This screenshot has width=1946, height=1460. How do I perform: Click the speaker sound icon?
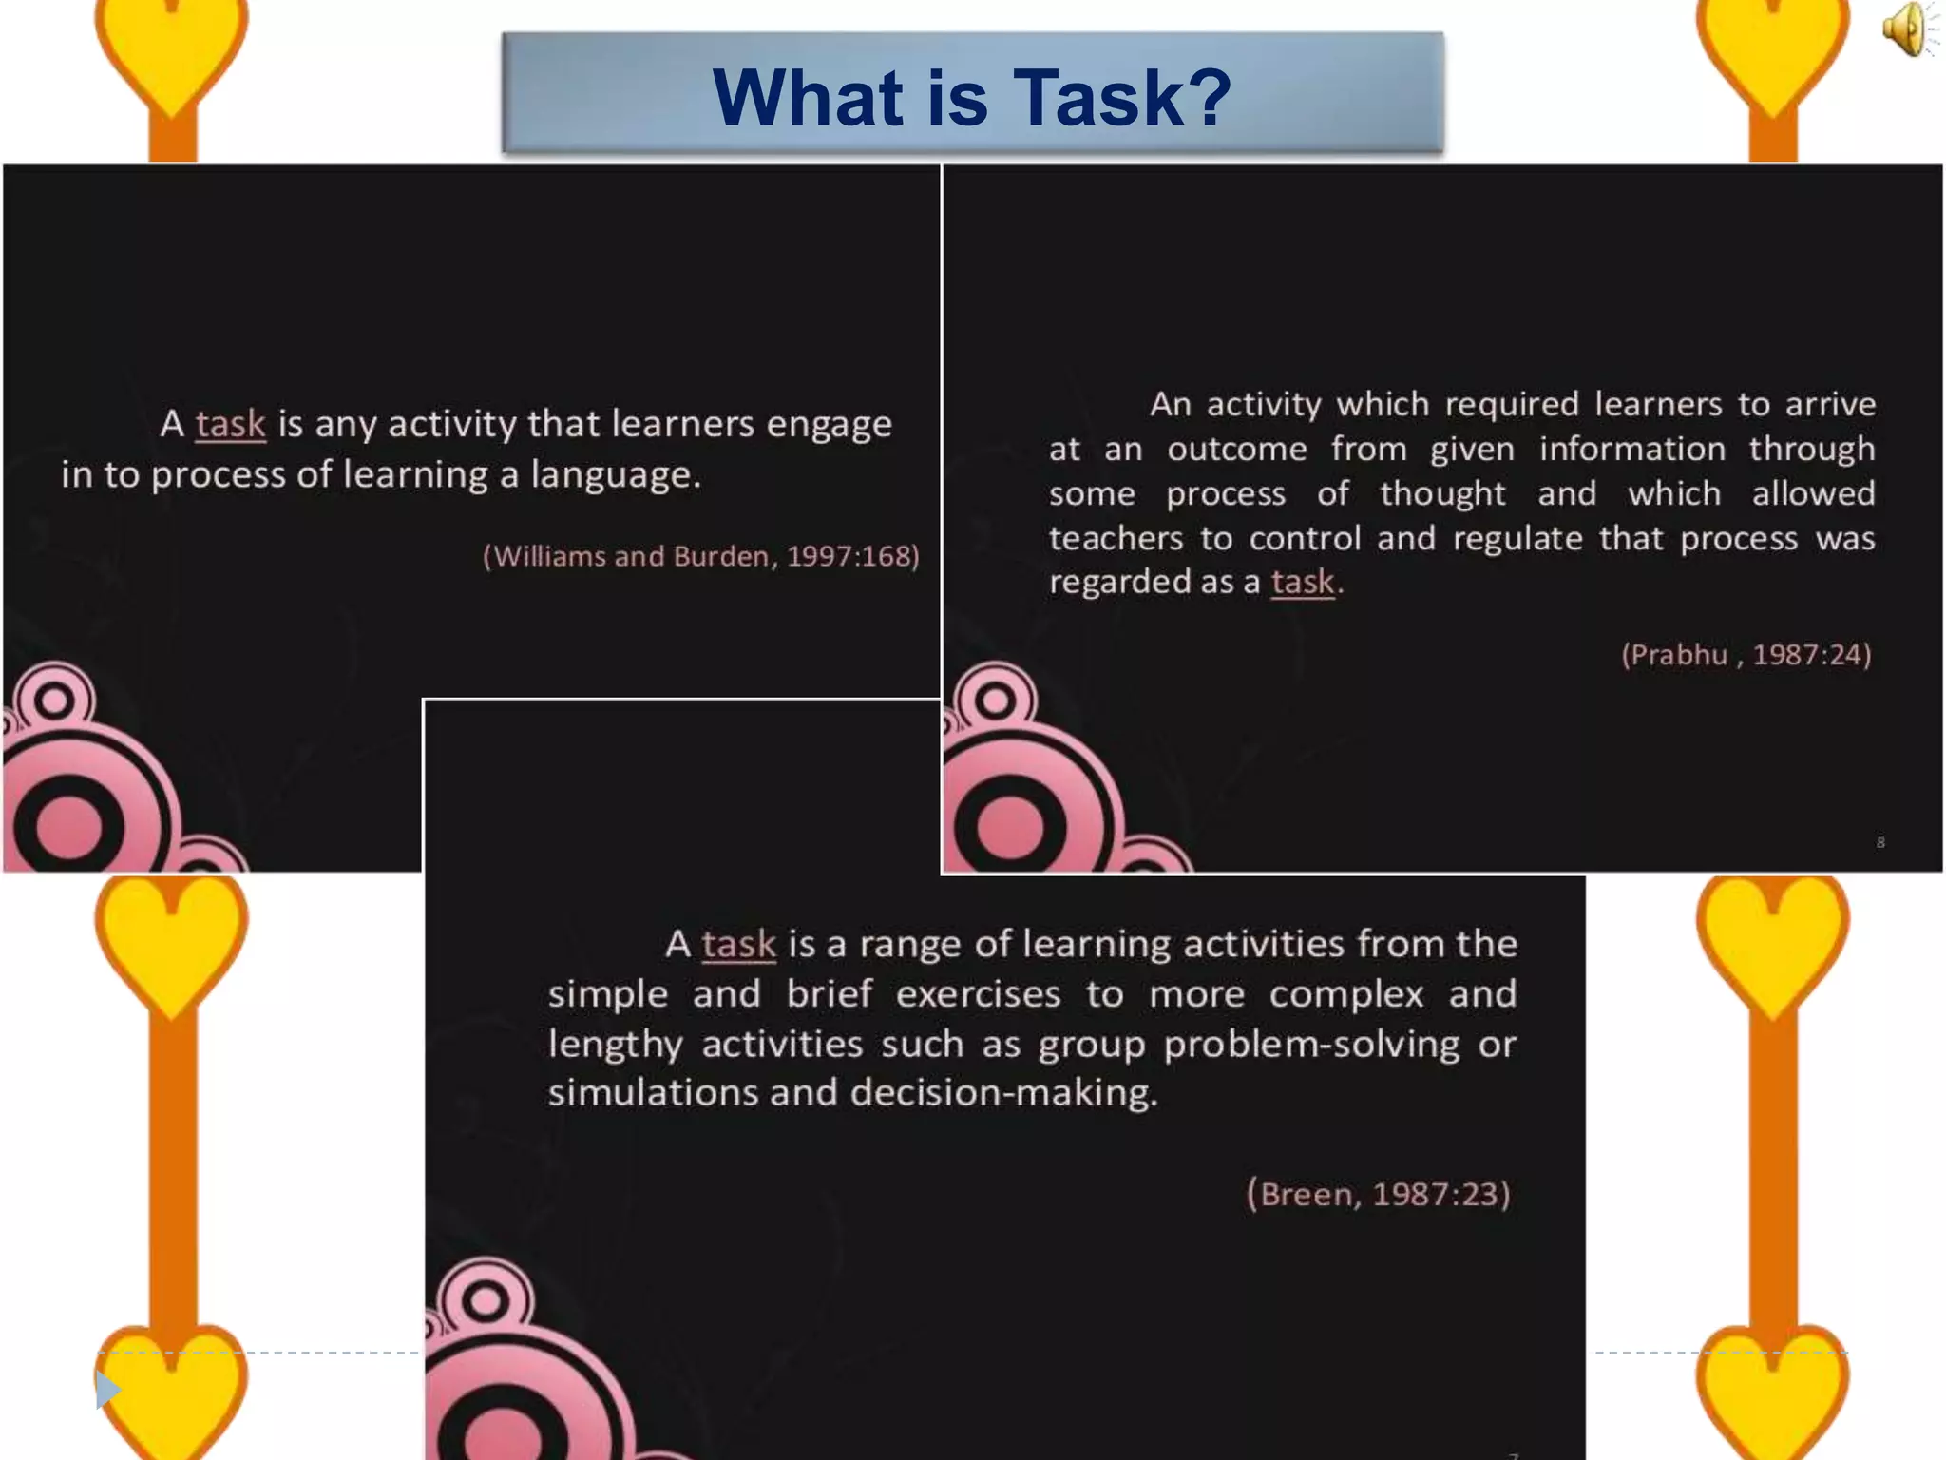point(1907,29)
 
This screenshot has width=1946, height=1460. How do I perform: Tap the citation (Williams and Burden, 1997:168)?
point(701,556)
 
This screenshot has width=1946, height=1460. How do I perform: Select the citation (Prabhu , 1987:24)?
point(1746,655)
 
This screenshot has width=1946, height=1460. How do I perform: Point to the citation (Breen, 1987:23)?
point(1378,1194)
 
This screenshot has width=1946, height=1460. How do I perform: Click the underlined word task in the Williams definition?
point(230,424)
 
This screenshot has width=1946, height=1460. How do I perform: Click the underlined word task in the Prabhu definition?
point(1303,582)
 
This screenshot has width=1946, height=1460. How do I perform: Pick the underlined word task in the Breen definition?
point(738,944)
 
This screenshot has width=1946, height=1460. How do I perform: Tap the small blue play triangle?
point(107,1390)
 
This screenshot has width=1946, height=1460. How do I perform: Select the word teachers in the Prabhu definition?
point(1116,539)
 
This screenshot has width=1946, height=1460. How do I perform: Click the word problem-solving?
point(1311,1045)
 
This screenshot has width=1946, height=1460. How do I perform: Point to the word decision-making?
point(1003,1093)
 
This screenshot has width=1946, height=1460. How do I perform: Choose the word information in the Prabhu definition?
point(1631,449)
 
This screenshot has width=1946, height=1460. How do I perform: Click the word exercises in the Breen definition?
point(978,994)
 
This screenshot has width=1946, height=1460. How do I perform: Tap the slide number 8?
point(1880,842)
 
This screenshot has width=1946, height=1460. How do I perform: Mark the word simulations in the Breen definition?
point(652,1093)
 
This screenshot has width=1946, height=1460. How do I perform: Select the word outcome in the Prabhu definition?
point(1236,449)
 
